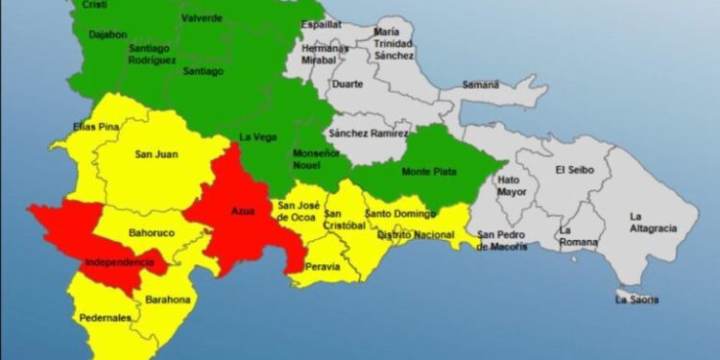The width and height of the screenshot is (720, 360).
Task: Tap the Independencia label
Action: pos(119,261)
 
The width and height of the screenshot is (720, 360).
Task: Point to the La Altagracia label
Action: pos(653,222)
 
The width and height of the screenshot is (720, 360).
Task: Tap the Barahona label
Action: pos(168,300)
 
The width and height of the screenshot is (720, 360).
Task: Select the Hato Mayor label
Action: pos(512,186)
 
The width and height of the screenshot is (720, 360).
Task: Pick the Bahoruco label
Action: pos(148,232)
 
